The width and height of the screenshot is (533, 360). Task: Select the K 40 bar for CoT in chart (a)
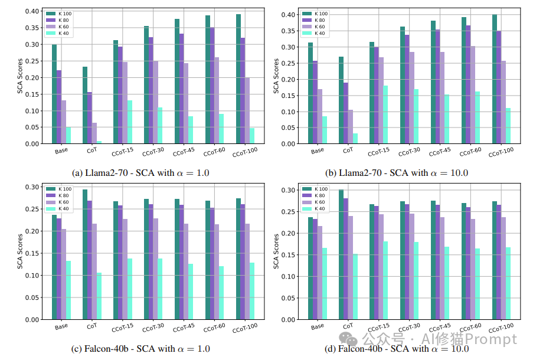[99, 142]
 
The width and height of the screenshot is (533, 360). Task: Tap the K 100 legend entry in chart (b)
[318, 14]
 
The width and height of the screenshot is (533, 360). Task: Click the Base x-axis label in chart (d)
[318, 326]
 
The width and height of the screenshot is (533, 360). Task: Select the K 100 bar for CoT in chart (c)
[85, 254]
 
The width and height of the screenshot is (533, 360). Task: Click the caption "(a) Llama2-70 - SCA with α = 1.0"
[140, 172]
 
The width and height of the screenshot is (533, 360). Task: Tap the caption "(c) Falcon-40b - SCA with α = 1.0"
[140, 348]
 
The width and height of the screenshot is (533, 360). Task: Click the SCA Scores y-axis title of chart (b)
[276, 77]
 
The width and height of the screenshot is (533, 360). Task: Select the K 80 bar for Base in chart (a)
[59, 107]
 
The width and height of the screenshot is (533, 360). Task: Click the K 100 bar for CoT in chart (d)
[341, 254]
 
